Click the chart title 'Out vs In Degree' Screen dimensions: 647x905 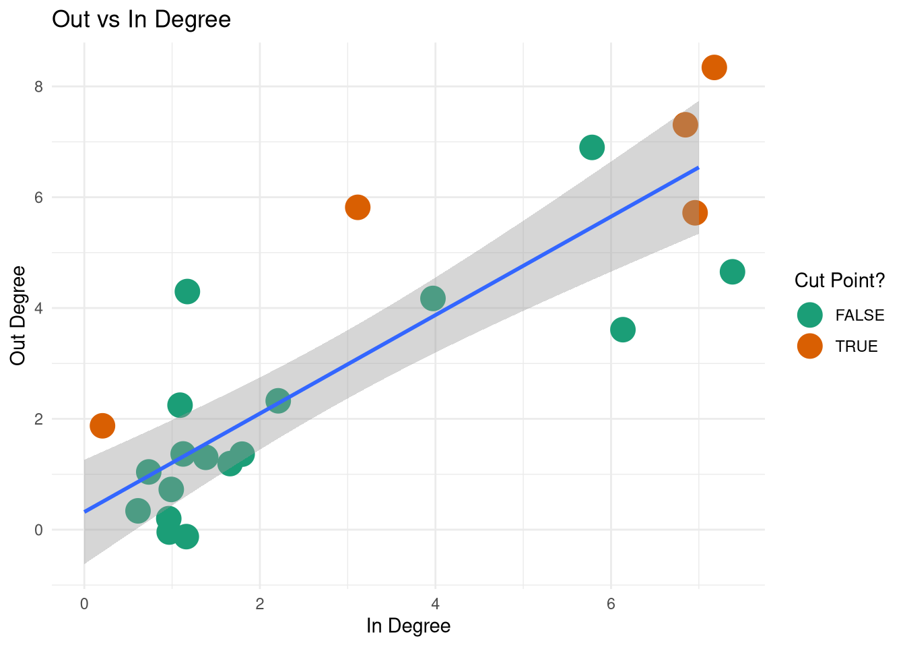coord(141,20)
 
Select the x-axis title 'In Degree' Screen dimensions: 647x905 coord(408,626)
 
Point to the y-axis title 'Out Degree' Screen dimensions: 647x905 coord(18,315)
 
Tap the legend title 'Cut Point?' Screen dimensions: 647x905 coord(839,280)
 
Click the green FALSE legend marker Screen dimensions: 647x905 coord(809,315)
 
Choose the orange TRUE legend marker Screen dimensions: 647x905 coord(809,346)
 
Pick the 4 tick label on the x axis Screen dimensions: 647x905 coord(435,604)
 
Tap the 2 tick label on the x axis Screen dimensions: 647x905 coord(259,604)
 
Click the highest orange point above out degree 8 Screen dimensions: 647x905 coord(714,67)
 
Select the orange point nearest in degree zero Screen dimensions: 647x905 coord(102,425)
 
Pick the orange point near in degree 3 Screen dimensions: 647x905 coord(358,207)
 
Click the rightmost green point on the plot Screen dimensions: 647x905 coord(732,272)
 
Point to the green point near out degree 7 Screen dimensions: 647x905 coord(592,147)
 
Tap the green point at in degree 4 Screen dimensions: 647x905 coord(433,298)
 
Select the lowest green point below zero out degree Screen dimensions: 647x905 coord(187,536)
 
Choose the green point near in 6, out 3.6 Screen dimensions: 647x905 coord(623,330)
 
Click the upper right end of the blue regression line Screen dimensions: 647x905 coord(698,167)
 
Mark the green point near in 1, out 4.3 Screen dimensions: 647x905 coord(187,291)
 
